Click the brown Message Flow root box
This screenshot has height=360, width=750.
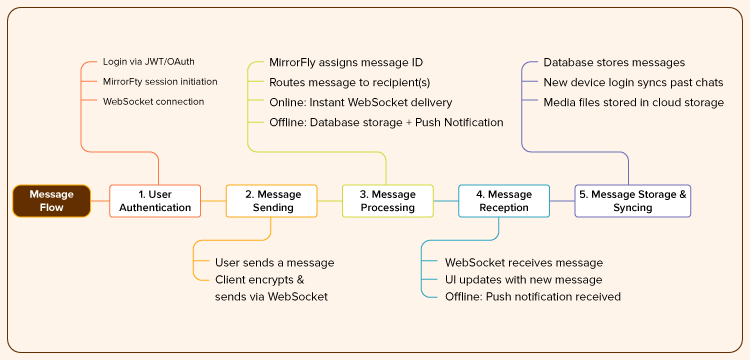pos(51,201)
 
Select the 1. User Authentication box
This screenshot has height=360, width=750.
pos(155,201)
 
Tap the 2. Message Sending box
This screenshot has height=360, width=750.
pos(271,201)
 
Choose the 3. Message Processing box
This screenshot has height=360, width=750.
pos(387,201)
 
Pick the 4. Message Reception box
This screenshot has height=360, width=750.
pos(503,201)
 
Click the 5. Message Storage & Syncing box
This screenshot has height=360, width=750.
pos(633,201)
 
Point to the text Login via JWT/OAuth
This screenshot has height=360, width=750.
pos(149,62)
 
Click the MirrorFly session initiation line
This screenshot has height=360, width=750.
pos(160,82)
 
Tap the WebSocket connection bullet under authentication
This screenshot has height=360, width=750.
pos(153,102)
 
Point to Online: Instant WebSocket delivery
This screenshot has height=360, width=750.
pos(360,102)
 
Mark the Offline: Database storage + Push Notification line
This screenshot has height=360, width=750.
pos(386,122)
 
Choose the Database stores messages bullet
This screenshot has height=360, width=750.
pos(614,62)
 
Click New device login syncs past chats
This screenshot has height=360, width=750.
pos(633,82)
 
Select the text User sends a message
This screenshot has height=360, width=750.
pos(275,262)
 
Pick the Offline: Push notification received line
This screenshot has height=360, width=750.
pos(533,297)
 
